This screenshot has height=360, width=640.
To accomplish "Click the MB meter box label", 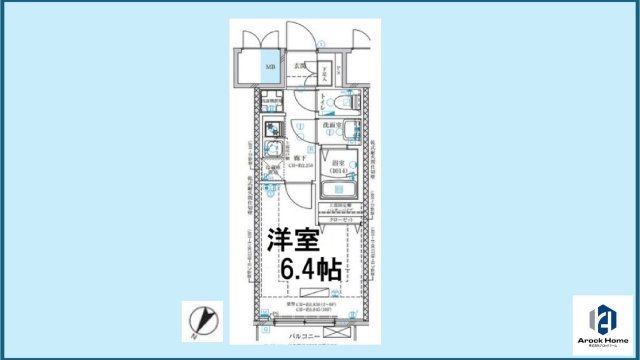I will click(x=268, y=69).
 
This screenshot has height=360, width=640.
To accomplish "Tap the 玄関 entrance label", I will click(x=299, y=67).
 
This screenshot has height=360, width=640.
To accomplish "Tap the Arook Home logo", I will click(x=602, y=322).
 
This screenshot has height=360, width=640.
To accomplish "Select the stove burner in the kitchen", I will click(x=272, y=128).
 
